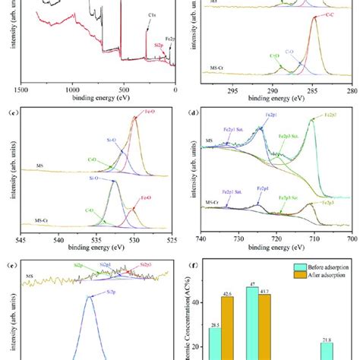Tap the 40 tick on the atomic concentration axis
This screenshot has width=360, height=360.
click(197, 302)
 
